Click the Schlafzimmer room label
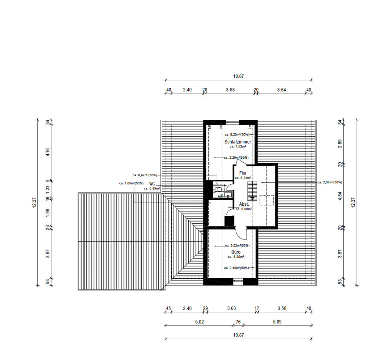238,142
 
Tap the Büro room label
236,252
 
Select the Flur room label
243,173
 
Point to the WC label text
152,184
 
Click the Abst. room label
244,204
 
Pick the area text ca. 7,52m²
238,146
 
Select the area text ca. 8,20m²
236,257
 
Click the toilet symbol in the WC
218,190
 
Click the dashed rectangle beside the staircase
267,200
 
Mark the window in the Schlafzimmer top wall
232,122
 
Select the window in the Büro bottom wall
238,282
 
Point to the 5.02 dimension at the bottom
199,322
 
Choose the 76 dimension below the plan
238,322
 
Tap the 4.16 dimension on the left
47,152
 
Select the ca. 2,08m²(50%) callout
330,182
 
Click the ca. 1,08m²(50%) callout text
131,183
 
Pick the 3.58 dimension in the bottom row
282,309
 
